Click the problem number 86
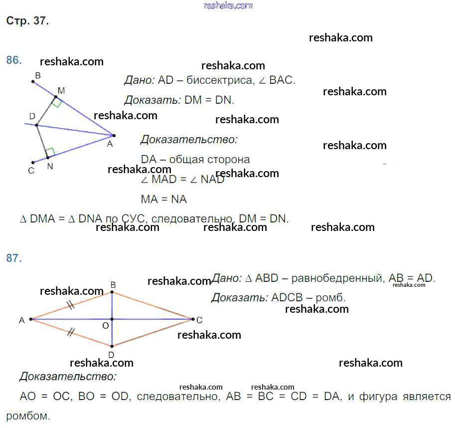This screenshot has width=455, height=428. pyautogui.click(x=13, y=60)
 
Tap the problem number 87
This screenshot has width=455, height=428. pyautogui.click(x=13, y=258)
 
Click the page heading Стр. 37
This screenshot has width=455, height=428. pyautogui.click(x=27, y=21)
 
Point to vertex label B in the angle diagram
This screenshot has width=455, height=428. pyautogui.click(x=38, y=76)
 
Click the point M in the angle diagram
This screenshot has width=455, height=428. pyautogui.click(x=56, y=97)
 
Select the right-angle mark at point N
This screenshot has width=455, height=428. pyautogui.click(x=50, y=151)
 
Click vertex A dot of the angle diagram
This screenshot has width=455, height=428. pyautogui.click(x=114, y=135)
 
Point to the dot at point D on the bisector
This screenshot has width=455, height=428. pyautogui.click(x=36, y=125)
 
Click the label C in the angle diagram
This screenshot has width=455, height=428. pyautogui.click(x=31, y=171)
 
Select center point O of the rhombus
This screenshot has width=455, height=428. pyautogui.click(x=112, y=319)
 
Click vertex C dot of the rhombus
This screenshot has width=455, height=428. pyautogui.click(x=192, y=319)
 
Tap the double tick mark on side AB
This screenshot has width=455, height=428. pyautogui.click(x=71, y=305)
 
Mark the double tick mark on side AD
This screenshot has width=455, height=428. pyautogui.click(x=71, y=332)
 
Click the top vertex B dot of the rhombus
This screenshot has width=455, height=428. pyautogui.click(x=112, y=292)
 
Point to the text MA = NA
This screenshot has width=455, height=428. pyautogui.click(x=164, y=200)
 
